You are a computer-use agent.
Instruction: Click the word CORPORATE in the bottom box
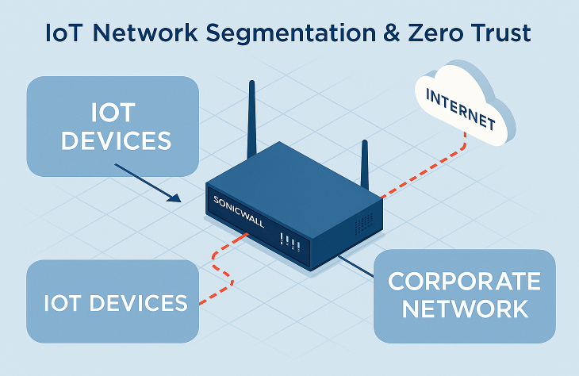[x=465, y=282]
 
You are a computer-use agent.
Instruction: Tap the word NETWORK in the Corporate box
[x=465, y=308]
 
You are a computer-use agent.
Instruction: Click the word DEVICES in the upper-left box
[x=116, y=140]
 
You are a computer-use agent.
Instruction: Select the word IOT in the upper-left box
[x=115, y=112]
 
